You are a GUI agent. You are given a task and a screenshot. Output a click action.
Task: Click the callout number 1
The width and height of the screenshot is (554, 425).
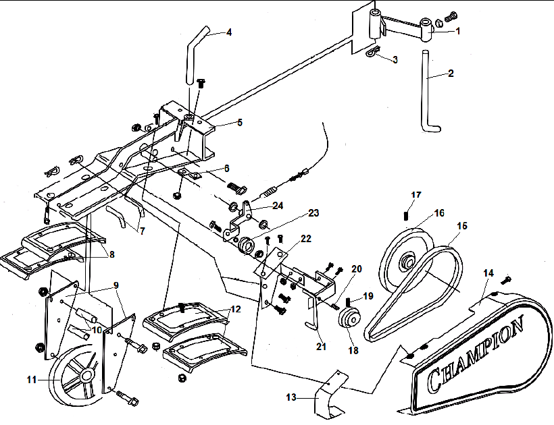pyautogui.click(x=457, y=30)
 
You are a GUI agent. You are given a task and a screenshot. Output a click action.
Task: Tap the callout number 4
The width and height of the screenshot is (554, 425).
pyautogui.click(x=229, y=32)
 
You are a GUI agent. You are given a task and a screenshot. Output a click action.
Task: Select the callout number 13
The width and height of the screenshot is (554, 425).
pyautogui.click(x=291, y=398)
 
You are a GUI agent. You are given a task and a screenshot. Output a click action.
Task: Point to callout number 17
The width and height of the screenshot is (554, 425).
pyautogui.click(x=416, y=196)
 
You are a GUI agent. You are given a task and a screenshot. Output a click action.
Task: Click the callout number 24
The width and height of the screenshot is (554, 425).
pyautogui.click(x=278, y=205)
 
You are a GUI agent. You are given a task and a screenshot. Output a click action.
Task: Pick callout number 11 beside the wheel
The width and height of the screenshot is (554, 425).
pyautogui.click(x=31, y=380)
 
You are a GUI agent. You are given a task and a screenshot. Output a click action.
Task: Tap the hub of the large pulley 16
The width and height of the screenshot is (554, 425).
pyautogui.click(x=408, y=260)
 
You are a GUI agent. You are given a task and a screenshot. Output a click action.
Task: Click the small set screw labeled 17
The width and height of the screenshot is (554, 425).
pyautogui.click(x=406, y=216)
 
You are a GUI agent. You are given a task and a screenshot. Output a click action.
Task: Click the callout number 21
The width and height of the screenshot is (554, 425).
pyautogui.click(x=321, y=346)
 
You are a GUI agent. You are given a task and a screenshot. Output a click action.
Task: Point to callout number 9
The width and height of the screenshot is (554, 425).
pyautogui.click(x=116, y=286)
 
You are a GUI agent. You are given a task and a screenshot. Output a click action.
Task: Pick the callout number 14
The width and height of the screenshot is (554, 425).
pyautogui.click(x=488, y=273)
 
